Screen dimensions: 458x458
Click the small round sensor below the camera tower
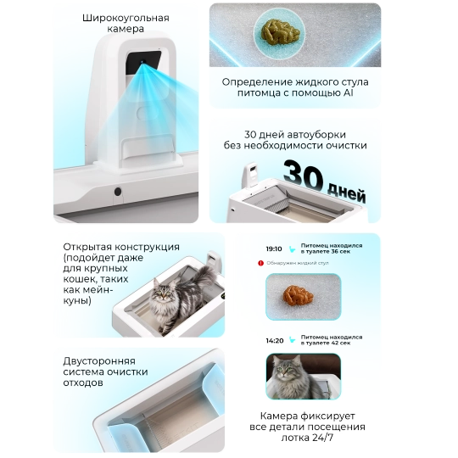[116, 193]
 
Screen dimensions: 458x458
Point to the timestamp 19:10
[273, 249]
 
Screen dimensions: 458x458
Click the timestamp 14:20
[273, 340]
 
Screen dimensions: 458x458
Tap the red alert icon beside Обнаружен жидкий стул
[260, 264]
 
